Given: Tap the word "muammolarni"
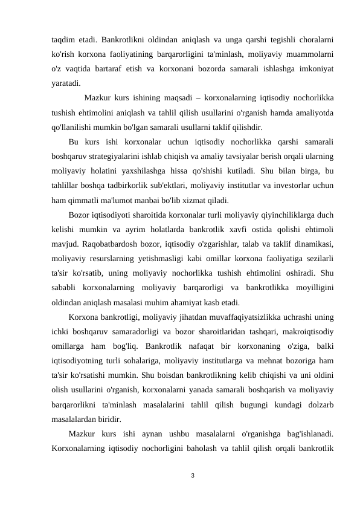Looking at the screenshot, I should (x=308, y=55).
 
